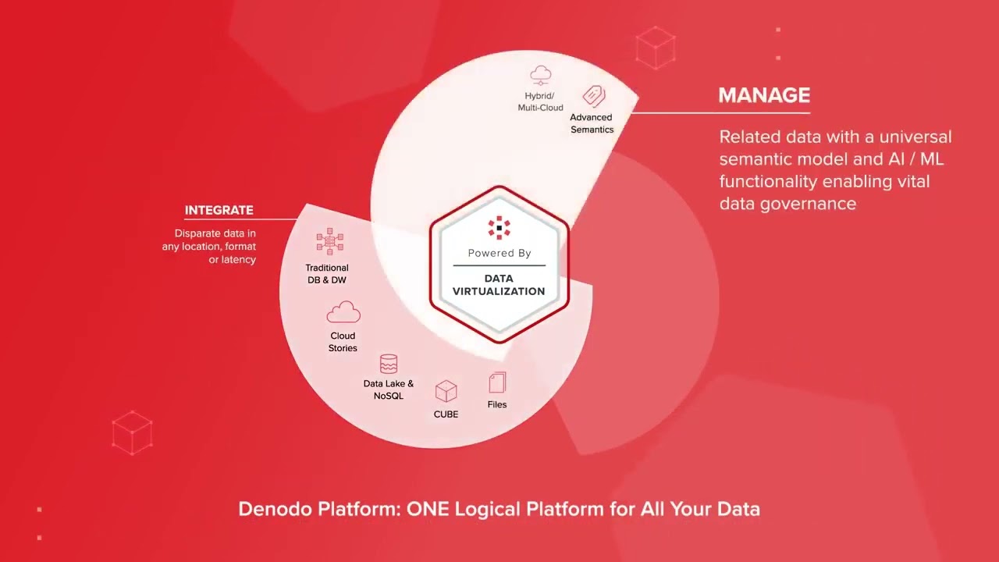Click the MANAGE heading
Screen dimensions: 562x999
[763, 95]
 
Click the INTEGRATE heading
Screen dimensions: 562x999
[219, 210]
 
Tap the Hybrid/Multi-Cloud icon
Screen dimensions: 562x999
[540, 76]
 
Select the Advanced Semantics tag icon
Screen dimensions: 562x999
[594, 96]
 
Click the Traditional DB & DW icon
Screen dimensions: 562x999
[329, 242]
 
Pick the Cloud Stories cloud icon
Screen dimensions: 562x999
[343, 312]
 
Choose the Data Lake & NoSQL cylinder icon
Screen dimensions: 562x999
[388, 364]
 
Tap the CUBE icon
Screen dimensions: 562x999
[446, 391]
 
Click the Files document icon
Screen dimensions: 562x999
[497, 382]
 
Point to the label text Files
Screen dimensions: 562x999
[497, 404]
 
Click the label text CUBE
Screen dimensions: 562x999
[446, 414]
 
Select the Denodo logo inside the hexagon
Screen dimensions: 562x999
[499, 227]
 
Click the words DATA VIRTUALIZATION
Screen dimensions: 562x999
[499, 285]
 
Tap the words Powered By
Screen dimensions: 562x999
[499, 253]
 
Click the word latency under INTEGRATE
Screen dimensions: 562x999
[239, 259]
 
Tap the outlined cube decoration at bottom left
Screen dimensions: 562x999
[131, 432]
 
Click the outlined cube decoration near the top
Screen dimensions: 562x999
[655, 48]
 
